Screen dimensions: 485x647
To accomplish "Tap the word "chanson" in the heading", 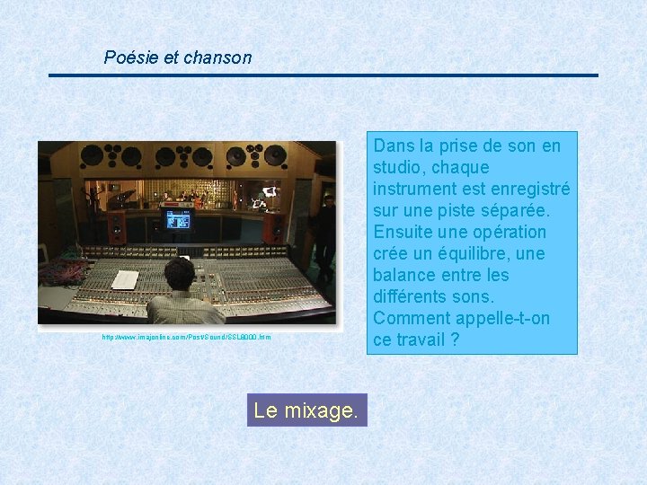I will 217,57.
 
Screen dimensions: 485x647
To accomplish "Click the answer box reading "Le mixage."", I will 306,411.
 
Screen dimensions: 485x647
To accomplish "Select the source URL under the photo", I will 186,337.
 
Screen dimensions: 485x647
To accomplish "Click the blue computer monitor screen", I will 178,219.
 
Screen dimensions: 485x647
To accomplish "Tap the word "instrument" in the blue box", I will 420,189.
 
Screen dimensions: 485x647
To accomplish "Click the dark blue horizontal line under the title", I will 323,75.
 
